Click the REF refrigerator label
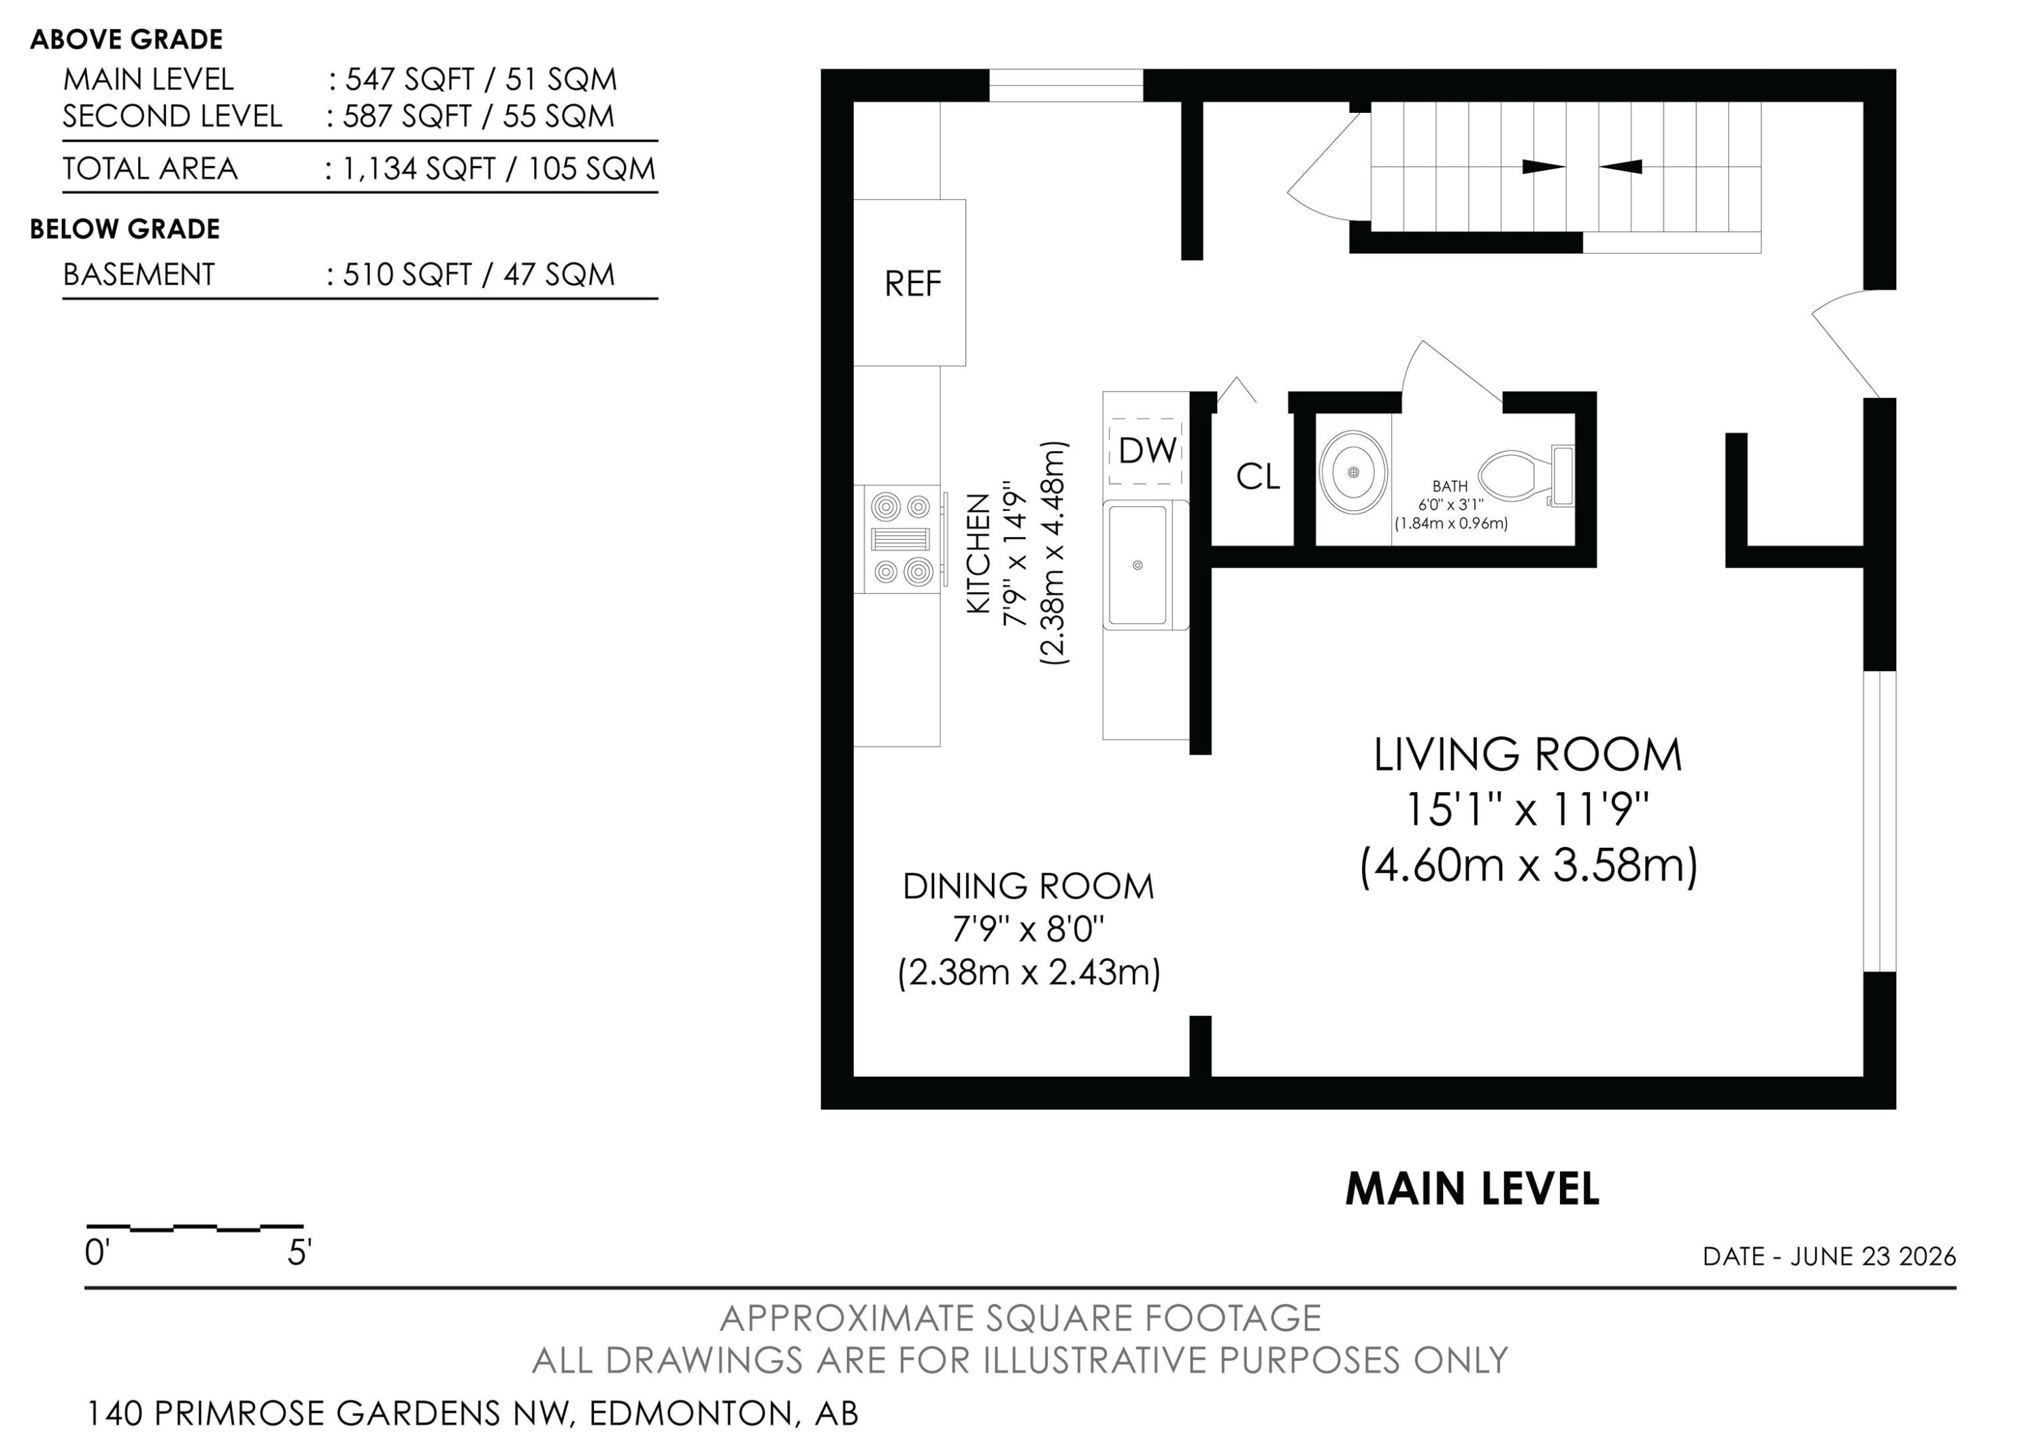[x=912, y=284]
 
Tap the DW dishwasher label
[x=1148, y=450]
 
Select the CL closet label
[x=1258, y=478]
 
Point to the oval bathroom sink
[x=1353, y=471]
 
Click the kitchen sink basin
[x=1137, y=565]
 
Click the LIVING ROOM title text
[x=1527, y=755]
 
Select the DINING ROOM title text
[x=1029, y=886]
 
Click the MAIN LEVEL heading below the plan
[x=1472, y=1189]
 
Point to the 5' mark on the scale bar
[x=299, y=1253]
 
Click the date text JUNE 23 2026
[x=1873, y=1256]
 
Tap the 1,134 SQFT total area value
[x=418, y=169]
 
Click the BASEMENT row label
[x=139, y=275]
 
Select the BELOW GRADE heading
[x=125, y=229]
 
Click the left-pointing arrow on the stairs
[x=1620, y=166]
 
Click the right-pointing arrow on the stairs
[x=1544, y=166]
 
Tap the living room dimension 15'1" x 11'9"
[x=1527, y=810]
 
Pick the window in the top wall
[x=1066, y=85]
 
